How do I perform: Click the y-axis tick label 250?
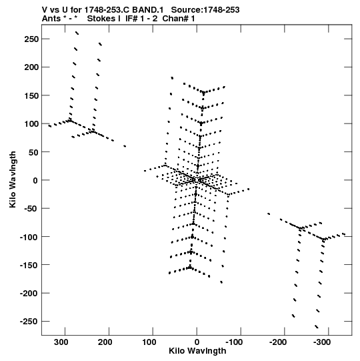coord(31,39)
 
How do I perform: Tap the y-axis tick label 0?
coord(35,180)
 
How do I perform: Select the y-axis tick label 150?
coord(31,95)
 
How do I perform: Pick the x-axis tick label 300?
coord(61,342)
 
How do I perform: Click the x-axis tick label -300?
coord(322,342)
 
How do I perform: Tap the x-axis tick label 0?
coord(197,342)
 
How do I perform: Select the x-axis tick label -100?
coord(234,342)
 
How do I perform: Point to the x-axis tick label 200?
coord(105,342)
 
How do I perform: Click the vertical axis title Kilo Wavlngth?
coord(13,179)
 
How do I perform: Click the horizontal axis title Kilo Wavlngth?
coord(197,351)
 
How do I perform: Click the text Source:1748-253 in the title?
coord(205,10)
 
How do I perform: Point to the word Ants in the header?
coord(51,19)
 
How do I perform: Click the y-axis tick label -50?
coord(32,209)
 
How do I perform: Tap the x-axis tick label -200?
coord(278,342)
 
